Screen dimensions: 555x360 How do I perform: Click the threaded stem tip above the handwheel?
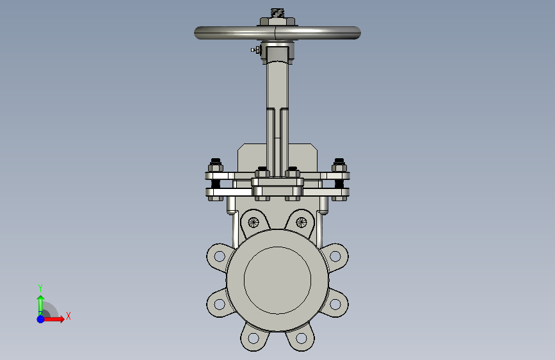(x=277, y=13)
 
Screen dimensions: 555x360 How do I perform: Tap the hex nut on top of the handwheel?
(x=277, y=22)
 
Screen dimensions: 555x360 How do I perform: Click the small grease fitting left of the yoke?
(x=255, y=50)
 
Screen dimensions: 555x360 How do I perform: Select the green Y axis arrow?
(x=41, y=306)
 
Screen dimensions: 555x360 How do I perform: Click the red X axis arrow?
(x=54, y=319)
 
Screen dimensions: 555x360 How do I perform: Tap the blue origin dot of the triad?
(x=41, y=319)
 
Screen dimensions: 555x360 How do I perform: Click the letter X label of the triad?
(x=68, y=316)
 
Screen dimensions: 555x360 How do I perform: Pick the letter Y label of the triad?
(x=40, y=288)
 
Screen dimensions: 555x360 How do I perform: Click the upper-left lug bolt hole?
(x=220, y=256)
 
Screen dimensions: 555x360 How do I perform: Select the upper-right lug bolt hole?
(x=335, y=256)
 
